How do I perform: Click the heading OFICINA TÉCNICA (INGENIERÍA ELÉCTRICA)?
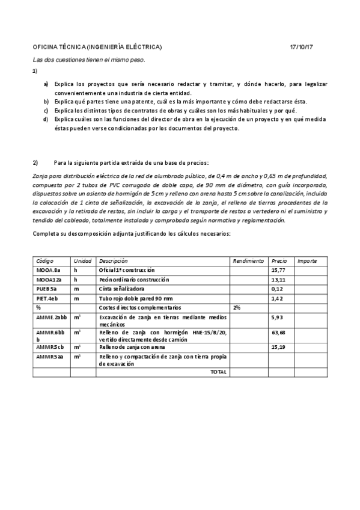97,48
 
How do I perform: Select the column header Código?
45,261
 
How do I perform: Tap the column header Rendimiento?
248,261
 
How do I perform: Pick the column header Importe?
308,261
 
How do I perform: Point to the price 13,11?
278,280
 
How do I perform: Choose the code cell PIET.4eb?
47,298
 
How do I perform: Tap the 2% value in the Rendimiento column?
237,307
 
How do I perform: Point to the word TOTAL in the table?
218,372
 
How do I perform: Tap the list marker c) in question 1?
46,111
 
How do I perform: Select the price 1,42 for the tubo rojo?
276,298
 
